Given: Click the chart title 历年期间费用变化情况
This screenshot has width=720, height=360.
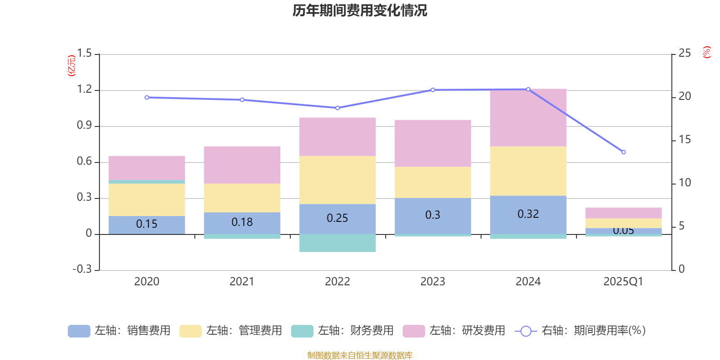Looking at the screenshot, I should point(360,10).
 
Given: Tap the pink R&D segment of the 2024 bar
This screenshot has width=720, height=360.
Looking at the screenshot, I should point(528,117).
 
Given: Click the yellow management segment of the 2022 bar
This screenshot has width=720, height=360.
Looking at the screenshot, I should point(337,180).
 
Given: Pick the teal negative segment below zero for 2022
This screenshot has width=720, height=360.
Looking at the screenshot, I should point(337,243).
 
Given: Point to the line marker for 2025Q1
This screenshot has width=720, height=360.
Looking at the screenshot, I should point(623,152).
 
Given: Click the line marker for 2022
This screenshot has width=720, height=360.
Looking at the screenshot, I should point(337,108).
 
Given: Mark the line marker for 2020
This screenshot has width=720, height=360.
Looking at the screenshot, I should point(147,98).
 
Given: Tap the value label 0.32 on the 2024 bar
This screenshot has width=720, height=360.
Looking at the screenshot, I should point(528,214).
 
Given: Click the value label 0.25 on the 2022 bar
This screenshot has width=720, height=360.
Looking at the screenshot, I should point(337,218).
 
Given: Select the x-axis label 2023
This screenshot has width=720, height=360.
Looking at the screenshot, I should point(432,282).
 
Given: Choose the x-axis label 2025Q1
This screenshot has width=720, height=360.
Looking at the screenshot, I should point(623,282).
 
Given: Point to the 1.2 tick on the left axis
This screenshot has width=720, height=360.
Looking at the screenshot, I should point(84,90).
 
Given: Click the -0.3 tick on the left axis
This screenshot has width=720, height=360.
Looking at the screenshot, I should point(82,269).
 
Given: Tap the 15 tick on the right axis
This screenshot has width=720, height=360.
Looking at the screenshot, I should point(684,139).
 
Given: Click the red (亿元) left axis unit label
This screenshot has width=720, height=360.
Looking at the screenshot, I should point(72,66).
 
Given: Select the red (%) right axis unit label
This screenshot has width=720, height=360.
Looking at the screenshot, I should point(706,52).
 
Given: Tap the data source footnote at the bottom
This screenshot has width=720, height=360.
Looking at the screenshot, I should point(360,355).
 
